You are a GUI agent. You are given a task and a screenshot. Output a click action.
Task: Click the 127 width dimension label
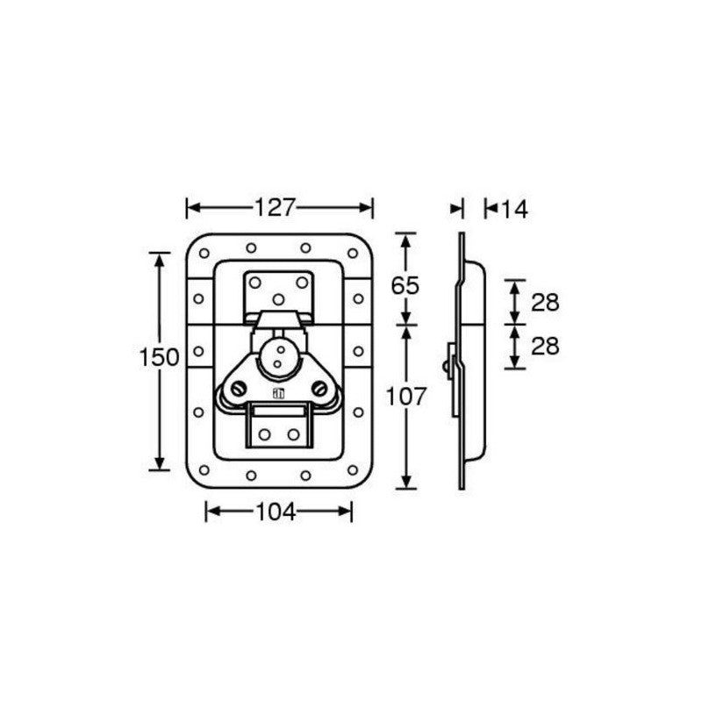pyautogui.click(x=276, y=208)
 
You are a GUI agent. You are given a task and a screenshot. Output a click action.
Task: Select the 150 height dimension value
pyautogui.click(x=160, y=358)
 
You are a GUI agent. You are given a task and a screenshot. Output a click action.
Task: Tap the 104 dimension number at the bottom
pyautogui.click(x=276, y=512)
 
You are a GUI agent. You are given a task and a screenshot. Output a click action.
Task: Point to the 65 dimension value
pyautogui.click(x=405, y=286)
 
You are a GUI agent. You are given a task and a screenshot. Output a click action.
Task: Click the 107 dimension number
pyautogui.click(x=406, y=397)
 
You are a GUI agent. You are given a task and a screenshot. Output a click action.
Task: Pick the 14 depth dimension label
pyautogui.click(x=514, y=210)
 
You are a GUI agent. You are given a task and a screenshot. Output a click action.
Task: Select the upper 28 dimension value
pyautogui.click(x=545, y=303)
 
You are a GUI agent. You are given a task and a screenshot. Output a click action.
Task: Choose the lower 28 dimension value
pyautogui.click(x=545, y=346)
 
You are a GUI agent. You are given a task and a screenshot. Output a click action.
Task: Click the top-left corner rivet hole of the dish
pyautogui.click(x=204, y=254)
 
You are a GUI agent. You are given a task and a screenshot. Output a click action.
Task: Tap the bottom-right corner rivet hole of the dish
pyautogui.click(x=353, y=470)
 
